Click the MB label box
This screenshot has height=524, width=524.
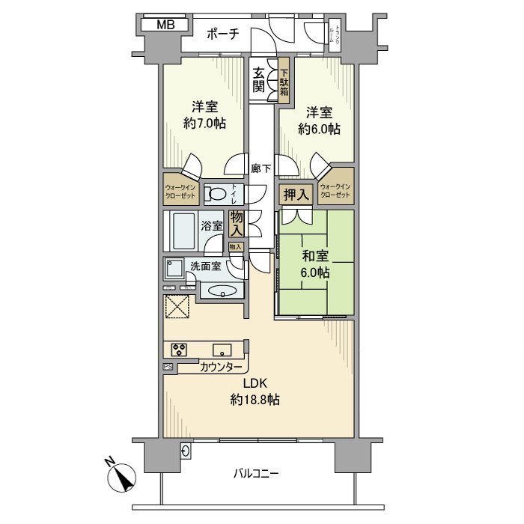pyautogui.click(x=165, y=25)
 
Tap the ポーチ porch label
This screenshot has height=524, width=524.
pyautogui.click(x=222, y=33)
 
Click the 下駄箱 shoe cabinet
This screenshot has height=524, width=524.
pyautogui.click(x=284, y=82)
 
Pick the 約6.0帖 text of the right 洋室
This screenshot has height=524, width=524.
pyautogui.click(x=318, y=129)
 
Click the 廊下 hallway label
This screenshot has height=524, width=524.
pyautogui.click(x=261, y=168)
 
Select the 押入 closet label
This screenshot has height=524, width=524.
pyautogui.click(x=295, y=194)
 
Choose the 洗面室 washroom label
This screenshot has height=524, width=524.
pyautogui.click(x=204, y=266)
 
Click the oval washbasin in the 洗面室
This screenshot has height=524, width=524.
pyautogui.click(x=222, y=291)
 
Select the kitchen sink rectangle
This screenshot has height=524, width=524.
pyautogui.click(x=222, y=349)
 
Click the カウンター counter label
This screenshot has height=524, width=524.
pyautogui.click(x=221, y=368)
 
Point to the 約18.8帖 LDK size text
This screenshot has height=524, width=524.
pyautogui.click(x=255, y=400)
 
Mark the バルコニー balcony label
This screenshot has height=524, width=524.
pyautogui.click(x=256, y=473)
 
